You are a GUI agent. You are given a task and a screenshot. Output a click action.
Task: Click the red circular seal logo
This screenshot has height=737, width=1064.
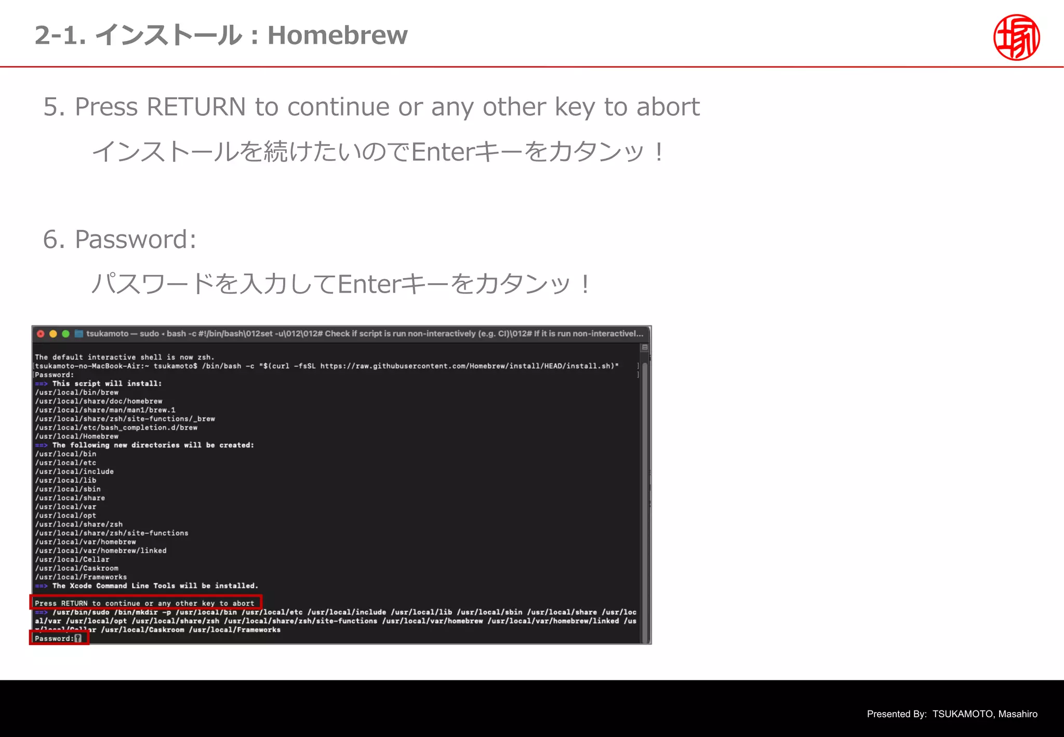coord(1016,37)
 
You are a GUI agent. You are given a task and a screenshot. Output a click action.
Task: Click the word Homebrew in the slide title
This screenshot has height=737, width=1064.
coord(337,35)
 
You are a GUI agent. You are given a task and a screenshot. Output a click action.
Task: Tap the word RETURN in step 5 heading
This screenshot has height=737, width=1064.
coord(196,107)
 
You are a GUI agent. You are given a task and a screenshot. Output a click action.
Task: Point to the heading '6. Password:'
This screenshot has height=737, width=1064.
coord(120,240)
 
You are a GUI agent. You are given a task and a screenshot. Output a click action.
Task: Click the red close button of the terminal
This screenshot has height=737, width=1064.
coord(41,334)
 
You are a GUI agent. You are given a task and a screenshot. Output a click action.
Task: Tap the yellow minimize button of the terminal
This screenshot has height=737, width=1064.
coord(53,334)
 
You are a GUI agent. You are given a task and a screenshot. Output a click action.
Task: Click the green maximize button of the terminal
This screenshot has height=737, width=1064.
coord(65,334)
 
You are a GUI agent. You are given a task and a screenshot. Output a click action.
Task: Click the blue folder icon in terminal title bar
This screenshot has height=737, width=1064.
coord(79,334)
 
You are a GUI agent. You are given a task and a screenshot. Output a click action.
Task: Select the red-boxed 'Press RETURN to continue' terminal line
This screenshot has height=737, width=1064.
coord(145,603)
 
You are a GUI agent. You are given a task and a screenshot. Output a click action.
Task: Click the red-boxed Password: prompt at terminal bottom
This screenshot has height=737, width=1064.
coord(58,638)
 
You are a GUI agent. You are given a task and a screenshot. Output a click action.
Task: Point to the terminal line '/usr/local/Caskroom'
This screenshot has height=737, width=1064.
coord(76,568)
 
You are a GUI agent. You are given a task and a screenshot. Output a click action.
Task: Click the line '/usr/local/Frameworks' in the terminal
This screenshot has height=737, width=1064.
coord(81,577)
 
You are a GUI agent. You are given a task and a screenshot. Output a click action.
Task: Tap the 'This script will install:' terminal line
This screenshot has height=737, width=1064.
coord(107,384)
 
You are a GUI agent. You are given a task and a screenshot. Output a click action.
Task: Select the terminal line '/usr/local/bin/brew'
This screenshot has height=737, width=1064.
coord(76,392)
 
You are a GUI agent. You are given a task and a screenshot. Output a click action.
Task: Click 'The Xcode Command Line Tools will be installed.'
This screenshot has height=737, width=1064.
coord(155,586)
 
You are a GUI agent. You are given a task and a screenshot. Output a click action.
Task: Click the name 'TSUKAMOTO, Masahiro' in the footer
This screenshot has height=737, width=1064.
coord(985,714)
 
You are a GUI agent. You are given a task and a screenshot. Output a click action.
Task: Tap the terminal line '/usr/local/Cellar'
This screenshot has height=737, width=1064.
coord(72,559)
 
